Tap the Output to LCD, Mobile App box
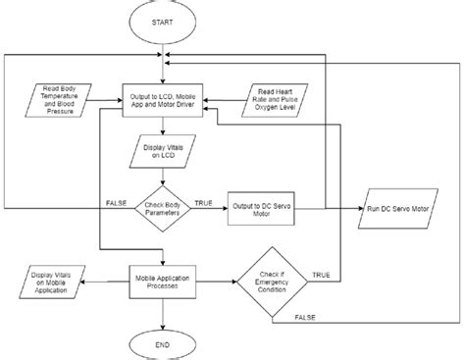(164, 100)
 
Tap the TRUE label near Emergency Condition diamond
(320, 275)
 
